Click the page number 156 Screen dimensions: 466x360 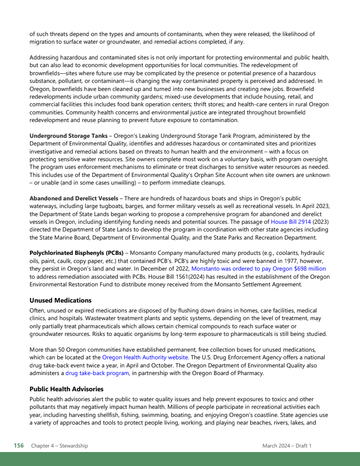pos(18,446)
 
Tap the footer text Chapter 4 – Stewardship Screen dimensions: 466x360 pos(59,446)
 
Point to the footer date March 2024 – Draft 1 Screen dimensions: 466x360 pos(287,446)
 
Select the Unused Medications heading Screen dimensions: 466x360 pos(60,300)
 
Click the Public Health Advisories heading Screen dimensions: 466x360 pos(66,389)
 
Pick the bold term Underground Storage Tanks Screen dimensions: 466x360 pos(68,136)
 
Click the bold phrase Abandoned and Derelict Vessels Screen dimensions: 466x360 pos(74,199)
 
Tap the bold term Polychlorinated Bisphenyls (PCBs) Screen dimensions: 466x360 pos(76,253)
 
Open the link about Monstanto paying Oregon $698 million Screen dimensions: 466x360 pos(258,269)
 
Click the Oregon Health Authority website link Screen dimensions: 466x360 pos(145,357)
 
